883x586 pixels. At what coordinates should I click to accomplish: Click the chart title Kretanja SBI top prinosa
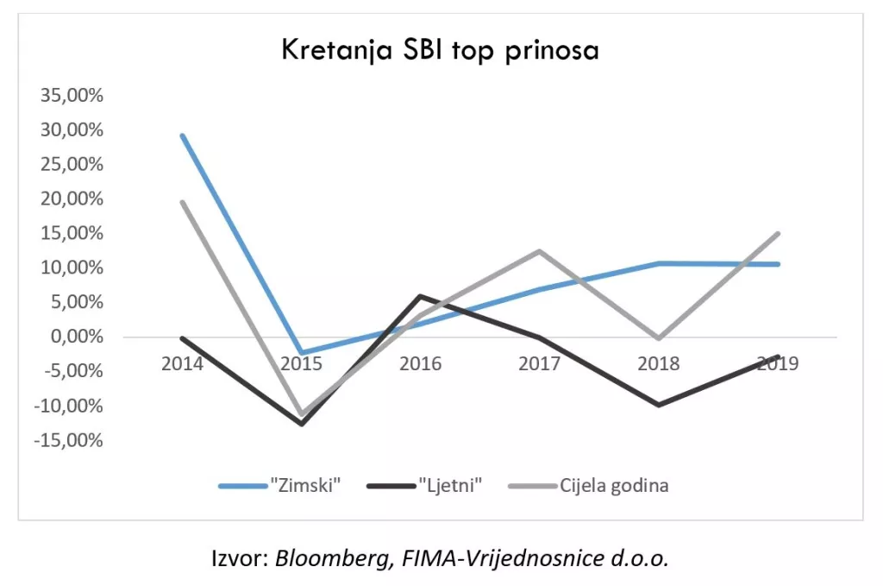[440, 50]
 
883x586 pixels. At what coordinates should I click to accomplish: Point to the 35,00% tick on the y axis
[71, 96]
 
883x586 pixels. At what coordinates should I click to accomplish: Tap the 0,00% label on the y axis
[74, 337]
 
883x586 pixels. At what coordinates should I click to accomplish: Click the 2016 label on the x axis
[420, 363]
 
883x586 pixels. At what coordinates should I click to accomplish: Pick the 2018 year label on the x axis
[659, 363]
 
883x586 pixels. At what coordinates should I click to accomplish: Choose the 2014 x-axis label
[182, 363]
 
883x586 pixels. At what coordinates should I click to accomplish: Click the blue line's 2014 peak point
[182, 135]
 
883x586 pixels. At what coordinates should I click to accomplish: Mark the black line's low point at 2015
[302, 424]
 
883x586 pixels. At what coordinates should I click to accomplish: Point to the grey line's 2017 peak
[540, 251]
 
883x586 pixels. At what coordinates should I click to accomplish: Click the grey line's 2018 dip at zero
[659, 338]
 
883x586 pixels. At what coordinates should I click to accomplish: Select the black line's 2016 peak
[420, 296]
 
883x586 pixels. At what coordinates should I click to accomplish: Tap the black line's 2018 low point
[659, 405]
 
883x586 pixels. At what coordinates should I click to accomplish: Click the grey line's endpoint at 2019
[778, 233]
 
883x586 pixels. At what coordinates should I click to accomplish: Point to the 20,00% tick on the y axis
[71, 199]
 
